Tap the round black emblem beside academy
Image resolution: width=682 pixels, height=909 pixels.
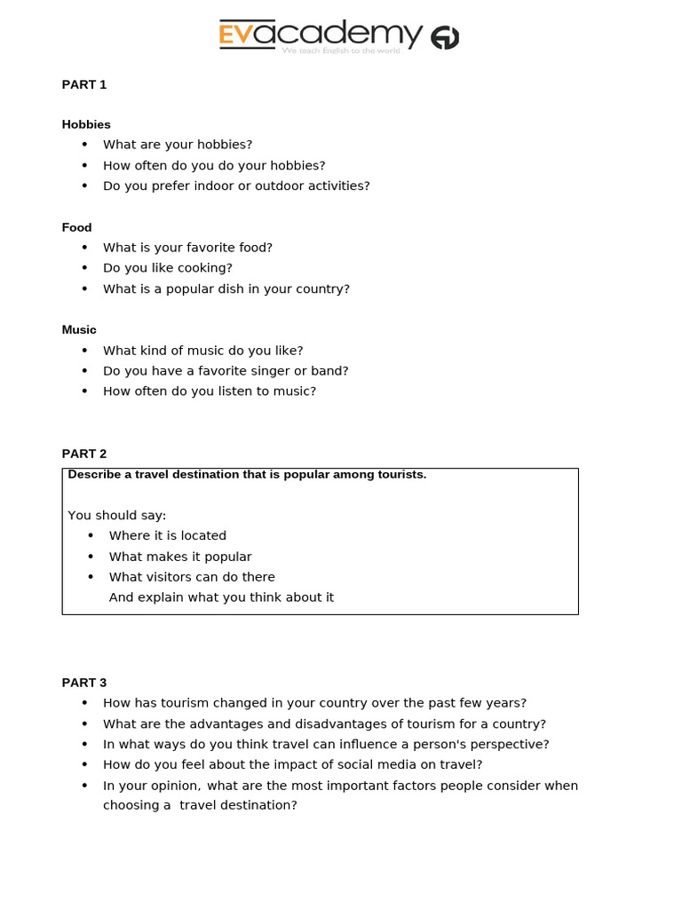click(x=445, y=38)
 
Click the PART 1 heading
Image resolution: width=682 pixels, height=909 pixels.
click(x=84, y=84)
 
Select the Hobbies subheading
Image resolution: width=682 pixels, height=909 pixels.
click(x=86, y=124)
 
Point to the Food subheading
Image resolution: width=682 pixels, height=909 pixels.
click(x=77, y=227)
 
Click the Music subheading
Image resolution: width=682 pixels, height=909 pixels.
click(x=79, y=329)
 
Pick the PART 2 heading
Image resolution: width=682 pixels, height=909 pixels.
click(x=84, y=454)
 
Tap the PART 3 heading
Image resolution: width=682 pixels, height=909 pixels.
click(x=84, y=683)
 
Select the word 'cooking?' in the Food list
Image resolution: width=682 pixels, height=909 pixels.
click(x=205, y=267)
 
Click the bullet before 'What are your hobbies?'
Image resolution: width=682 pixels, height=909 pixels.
click(x=85, y=144)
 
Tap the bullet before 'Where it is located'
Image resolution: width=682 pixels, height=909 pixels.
click(x=91, y=535)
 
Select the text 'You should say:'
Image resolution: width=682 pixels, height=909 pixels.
click(x=117, y=515)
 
